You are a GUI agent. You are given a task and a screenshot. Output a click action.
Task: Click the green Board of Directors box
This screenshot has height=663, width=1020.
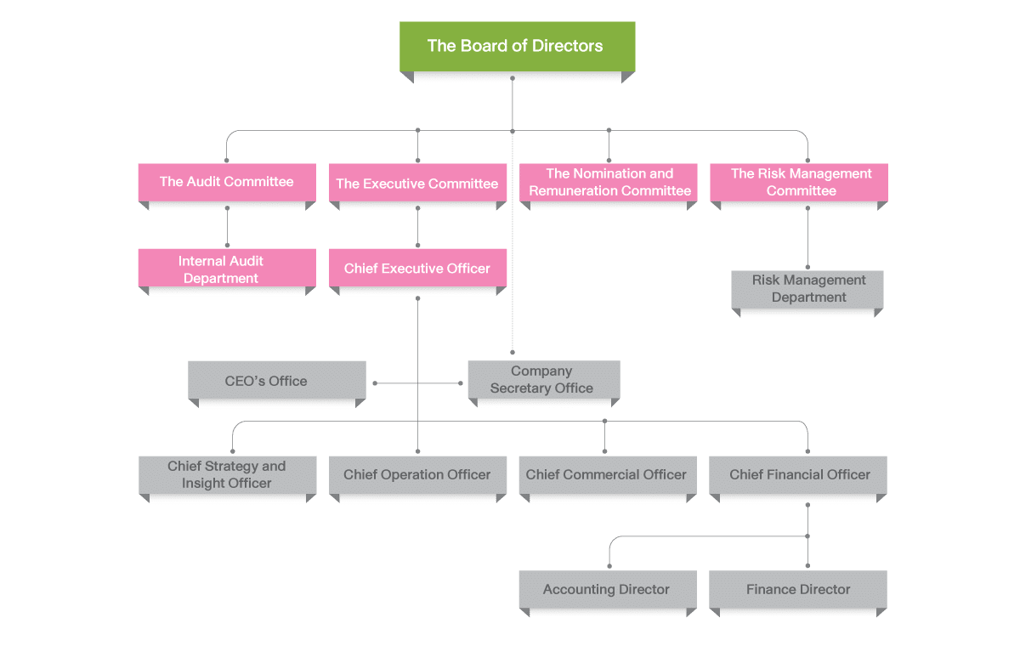[x=517, y=46]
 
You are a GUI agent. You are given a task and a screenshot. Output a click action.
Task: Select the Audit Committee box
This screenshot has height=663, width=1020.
[x=226, y=182]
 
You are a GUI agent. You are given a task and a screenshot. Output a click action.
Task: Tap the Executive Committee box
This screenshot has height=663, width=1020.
[x=417, y=183]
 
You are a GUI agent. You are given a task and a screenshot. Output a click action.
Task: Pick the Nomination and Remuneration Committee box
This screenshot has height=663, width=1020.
[x=609, y=182]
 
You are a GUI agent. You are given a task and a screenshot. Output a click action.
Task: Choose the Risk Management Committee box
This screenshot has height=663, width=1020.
[x=800, y=182]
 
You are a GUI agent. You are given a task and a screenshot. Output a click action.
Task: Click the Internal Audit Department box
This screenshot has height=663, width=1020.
[x=221, y=269]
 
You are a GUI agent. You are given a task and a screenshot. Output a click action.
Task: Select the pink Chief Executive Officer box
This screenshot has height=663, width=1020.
[x=417, y=269]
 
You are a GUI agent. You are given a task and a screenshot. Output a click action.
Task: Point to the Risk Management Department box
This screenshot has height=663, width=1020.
[x=808, y=289]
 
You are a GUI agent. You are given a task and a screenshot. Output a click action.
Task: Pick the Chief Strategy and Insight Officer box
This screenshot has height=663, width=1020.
[x=227, y=474]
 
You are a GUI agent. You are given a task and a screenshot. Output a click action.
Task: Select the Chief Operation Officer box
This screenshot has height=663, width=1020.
[x=417, y=474]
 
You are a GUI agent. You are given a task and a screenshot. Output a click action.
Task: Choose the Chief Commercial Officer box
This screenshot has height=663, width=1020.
[x=607, y=474]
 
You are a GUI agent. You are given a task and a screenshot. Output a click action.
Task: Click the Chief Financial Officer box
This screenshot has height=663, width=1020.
[x=799, y=474]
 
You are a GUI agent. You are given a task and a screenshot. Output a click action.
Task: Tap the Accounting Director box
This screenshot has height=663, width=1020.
[x=607, y=589]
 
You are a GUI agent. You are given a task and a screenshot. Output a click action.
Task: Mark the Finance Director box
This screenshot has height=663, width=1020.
[x=798, y=589]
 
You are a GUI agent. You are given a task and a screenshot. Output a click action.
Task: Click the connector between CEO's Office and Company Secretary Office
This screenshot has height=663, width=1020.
[x=417, y=383]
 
